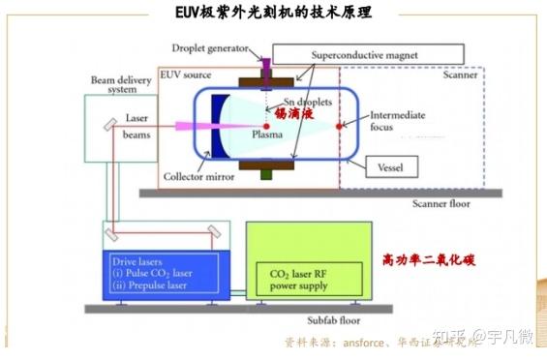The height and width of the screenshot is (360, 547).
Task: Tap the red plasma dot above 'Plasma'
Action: tap(266, 126)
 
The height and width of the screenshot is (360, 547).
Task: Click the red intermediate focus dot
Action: tap(338, 126)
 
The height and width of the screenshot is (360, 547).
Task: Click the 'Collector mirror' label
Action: tap(199, 176)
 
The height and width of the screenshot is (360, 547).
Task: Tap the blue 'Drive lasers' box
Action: tap(166, 274)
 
